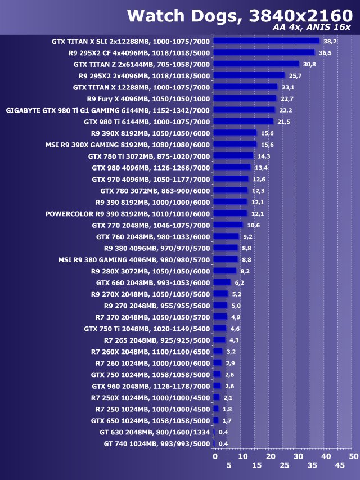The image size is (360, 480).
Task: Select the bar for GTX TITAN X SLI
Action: (x=266, y=41)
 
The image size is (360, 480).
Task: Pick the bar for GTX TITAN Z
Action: (x=256, y=64)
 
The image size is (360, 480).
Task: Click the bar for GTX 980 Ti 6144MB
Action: (x=243, y=122)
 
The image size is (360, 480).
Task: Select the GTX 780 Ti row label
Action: (x=148, y=156)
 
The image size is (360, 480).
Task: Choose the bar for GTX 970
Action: (x=231, y=179)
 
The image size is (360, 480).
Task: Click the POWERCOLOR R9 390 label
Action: (x=127, y=214)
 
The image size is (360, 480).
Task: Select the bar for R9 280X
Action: (x=225, y=271)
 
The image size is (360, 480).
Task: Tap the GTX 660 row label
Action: (x=152, y=282)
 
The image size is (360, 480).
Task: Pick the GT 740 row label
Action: (x=156, y=444)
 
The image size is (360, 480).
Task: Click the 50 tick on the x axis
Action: (x=353, y=456)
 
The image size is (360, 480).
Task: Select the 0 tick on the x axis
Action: (x=215, y=456)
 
